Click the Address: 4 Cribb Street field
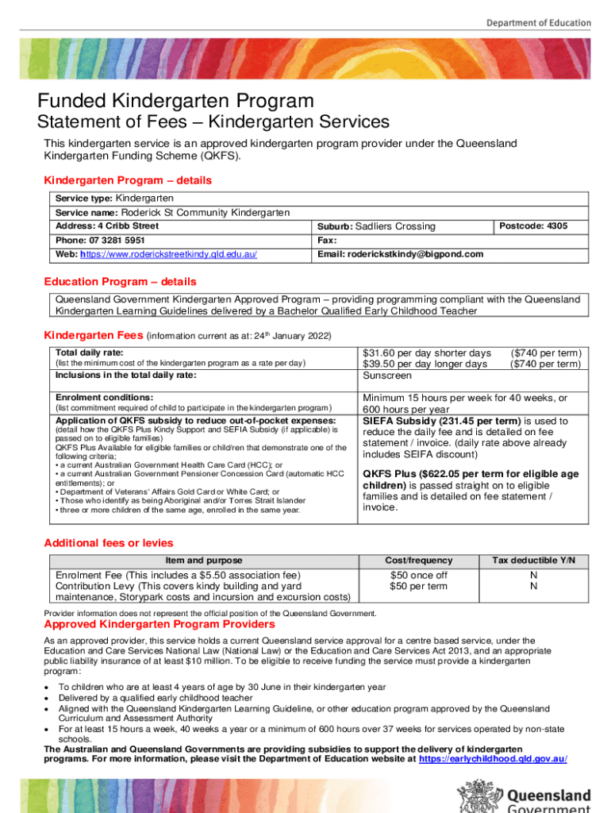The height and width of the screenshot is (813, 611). [106, 226]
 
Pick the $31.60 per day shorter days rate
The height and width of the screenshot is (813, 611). [426, 353]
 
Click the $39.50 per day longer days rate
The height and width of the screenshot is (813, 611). [425, 364]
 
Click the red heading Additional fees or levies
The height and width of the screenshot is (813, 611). [108, 543]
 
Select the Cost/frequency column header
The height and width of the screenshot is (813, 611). [418, 561]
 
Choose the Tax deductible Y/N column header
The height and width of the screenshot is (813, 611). [533, 561]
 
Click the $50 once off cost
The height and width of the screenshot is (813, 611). [418, 575]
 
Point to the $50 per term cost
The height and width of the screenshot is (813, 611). [418, 587]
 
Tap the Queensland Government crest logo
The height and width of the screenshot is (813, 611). [473, 797]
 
